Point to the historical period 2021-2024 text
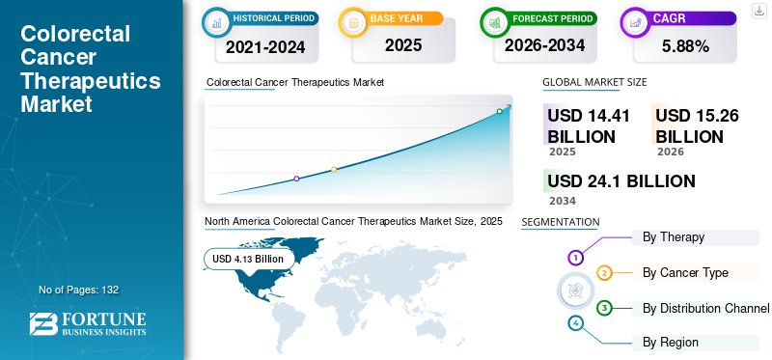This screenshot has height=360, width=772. click(x=265, y=45)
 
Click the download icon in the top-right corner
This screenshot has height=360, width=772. click(x=758, y=10)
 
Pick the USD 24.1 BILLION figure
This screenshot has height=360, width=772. click(x=620, y=181)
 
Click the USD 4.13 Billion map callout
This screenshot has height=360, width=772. click(x=248, y=259)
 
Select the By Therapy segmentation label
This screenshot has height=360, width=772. click(x=673, y=236)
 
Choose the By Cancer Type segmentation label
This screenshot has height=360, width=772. click(x=685, y=272)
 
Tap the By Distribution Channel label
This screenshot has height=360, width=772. click(x=705, y=308)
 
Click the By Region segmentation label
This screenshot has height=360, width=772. click(x=671, y=342)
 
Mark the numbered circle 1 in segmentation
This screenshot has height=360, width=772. click(x=576, y=258)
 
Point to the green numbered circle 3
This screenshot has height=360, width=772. click(x=604, y=308)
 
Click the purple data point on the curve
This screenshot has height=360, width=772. click(x=296, y=179)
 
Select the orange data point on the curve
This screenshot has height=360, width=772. click(x=334, y=169)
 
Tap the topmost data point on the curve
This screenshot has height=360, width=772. click(x=499, y=111)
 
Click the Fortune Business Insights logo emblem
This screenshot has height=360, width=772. click(x=43, y=324)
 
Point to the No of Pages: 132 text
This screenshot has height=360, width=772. click(x=78, y=290)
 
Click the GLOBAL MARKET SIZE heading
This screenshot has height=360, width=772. click(x=594, y=82)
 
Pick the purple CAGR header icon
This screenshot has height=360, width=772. click(x=636, y=20)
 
